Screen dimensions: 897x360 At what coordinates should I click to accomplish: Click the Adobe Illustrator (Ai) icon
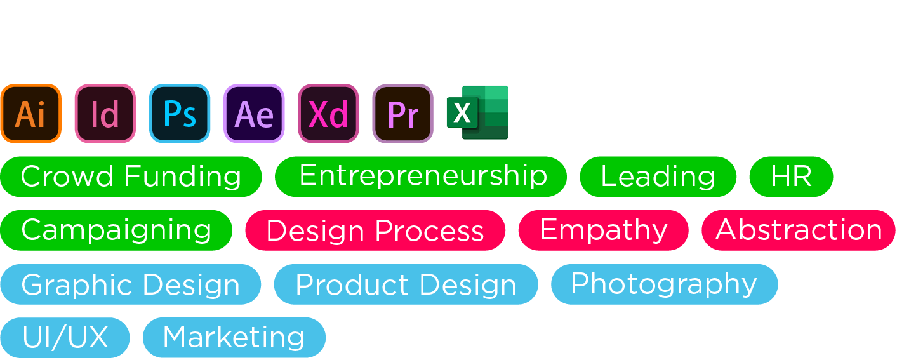pyautogui.click(x=31, y=113)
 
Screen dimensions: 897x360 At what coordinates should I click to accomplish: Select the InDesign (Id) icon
pyautogui.click(x=105, y=113)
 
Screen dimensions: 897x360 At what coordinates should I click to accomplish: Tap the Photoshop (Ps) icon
pyautogui.click(x=180, y=113)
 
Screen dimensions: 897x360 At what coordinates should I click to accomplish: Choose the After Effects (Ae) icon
pyautogui.click(x=255, y=113)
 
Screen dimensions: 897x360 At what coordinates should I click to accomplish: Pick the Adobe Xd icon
pyautogui.click(x=328, y=113)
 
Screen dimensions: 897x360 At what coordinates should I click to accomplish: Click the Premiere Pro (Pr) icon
pyautogui.click(x=403, y=113)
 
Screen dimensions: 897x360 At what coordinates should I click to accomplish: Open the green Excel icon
pyautogui.click(x=477, y=112)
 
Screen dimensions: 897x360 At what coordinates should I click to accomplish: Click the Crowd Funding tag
pyautogui.click(x=131, y=177)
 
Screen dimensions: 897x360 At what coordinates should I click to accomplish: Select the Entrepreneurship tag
pyautogui.click(x=421, y=177)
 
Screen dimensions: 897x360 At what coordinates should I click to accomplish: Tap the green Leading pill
pyautogui.click(x=658, y=177)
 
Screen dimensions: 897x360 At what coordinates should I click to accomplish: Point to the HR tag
pyautogui.click(x=791, y=177)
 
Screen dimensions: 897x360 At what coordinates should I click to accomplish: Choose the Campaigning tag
pyautogui.click(x=116, y=230)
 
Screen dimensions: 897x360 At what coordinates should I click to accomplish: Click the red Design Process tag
pyautogui.click(x=375, y=230)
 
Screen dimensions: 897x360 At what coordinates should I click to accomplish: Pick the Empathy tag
pyautogui.click(x=604, y=230)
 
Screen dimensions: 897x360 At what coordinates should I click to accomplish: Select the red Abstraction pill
pyautogui.click(x=799, y=230)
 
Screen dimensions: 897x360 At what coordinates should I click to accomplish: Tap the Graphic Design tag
pyautogui.click(x=131, y=284)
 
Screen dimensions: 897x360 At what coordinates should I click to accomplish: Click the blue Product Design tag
pyautogui.click(x=406, y=284)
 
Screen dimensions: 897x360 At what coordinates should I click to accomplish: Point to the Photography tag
pyautogui.click(x=665, y=284)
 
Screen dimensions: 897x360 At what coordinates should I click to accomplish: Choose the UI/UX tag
pyautogui.click(x=65, y=338)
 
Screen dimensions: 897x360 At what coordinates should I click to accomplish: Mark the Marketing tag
pyautogui.click(x=234, y=338)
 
